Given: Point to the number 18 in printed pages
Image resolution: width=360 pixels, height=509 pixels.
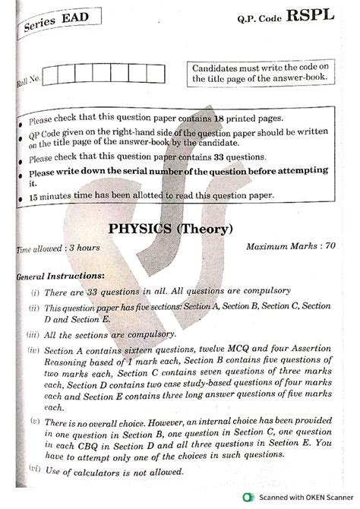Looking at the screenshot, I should (x=221, y=119).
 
